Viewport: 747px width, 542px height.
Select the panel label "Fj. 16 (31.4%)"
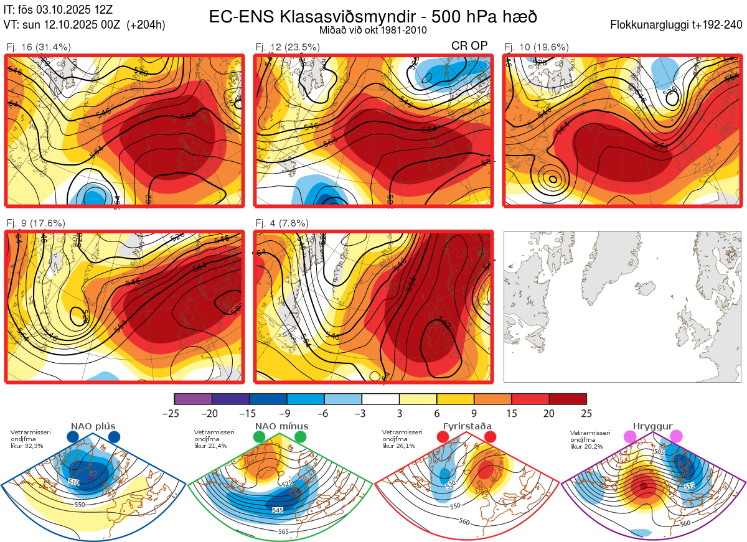tap(38, 47)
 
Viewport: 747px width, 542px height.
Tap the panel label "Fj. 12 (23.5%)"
tap(288, 47)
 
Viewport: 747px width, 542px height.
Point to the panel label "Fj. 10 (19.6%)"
tap(536, 47)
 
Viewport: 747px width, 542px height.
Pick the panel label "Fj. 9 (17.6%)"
tap(35, 223)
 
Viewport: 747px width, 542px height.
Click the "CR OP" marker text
tap(469, 45)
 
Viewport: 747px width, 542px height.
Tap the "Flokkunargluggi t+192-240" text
tap(677, 26)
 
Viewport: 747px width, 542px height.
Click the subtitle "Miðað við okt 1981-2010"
tap(373, 30)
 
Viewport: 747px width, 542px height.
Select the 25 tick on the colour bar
tap(586, 413)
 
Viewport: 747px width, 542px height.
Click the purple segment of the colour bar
tap(193, 399)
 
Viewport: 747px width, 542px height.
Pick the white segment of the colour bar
tap(380, 399)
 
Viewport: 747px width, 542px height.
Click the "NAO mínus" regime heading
tap(281, 426)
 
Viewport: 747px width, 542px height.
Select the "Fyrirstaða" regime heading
tap(467, 426)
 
